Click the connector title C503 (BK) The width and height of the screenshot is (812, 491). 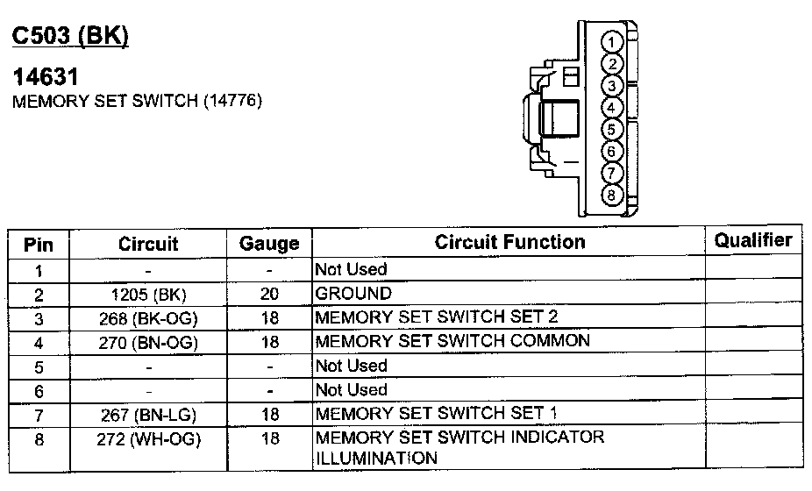click(69, 36)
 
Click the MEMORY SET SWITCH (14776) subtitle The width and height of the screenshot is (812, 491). click(137, 102)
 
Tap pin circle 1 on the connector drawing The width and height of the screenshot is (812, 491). click(614, 42)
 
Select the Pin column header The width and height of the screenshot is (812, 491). click(39, 244)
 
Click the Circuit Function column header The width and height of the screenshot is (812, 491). click(509, 242)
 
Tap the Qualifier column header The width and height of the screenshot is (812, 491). click(753, 240)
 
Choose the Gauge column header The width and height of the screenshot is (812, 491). click(269, 244)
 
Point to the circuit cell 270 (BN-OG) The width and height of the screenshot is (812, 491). click(148, 342)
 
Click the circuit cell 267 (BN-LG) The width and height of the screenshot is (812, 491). click(148, 414)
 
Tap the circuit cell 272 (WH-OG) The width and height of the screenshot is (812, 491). click(148, 438)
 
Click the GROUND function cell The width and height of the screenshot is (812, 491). click(353, 293)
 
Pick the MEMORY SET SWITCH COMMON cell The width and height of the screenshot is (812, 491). click(452, 340)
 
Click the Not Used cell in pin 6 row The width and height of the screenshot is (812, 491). click(351, 389)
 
